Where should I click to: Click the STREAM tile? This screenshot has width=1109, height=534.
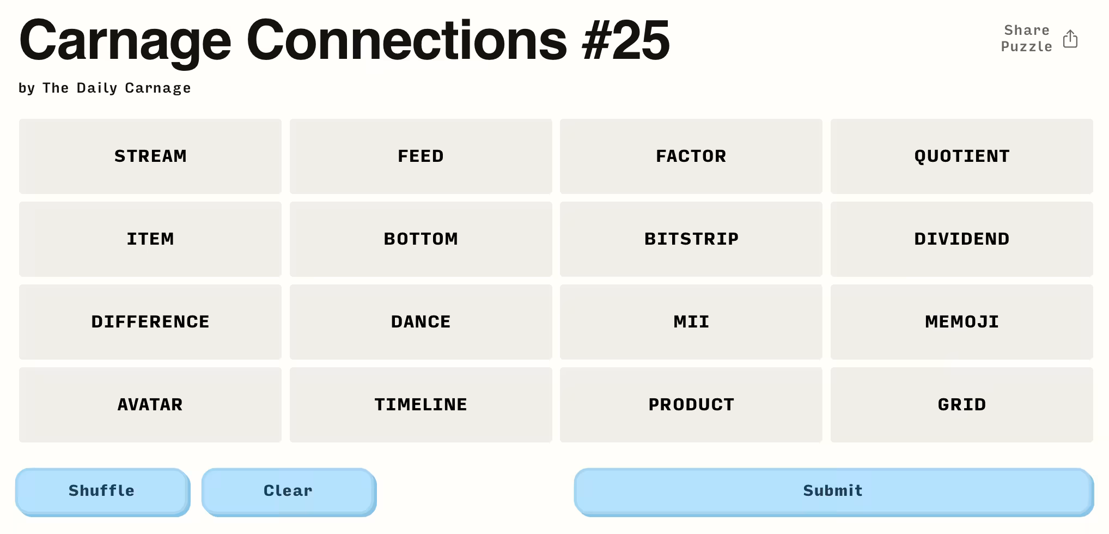coord(150,156)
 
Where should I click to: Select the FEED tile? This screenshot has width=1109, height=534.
coord(421,156)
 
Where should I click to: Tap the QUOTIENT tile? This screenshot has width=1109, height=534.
coord(961,156)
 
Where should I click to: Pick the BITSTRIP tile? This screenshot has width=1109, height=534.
coord(691,239)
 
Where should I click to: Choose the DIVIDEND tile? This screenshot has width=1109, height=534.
coord(961,239)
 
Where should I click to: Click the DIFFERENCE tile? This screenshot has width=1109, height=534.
coord(150,322)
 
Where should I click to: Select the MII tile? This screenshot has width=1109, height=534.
coord(691,322)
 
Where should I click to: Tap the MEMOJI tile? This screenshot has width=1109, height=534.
coord(961,322)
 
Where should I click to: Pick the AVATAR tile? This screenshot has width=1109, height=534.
coord(150,405)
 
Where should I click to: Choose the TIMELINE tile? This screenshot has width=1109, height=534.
coord(421,405)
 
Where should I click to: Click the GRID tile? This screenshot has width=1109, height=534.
coord(961,405)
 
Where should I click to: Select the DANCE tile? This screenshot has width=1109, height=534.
coord(421,322)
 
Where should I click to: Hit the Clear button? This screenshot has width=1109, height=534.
coord(289,491)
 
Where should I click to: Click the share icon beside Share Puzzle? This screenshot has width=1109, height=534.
coord(1070,39)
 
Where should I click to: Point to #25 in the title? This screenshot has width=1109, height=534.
coord(626,40)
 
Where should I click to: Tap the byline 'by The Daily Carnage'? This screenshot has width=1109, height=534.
coord(105,88)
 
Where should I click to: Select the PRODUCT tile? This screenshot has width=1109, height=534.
coord(691,405)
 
